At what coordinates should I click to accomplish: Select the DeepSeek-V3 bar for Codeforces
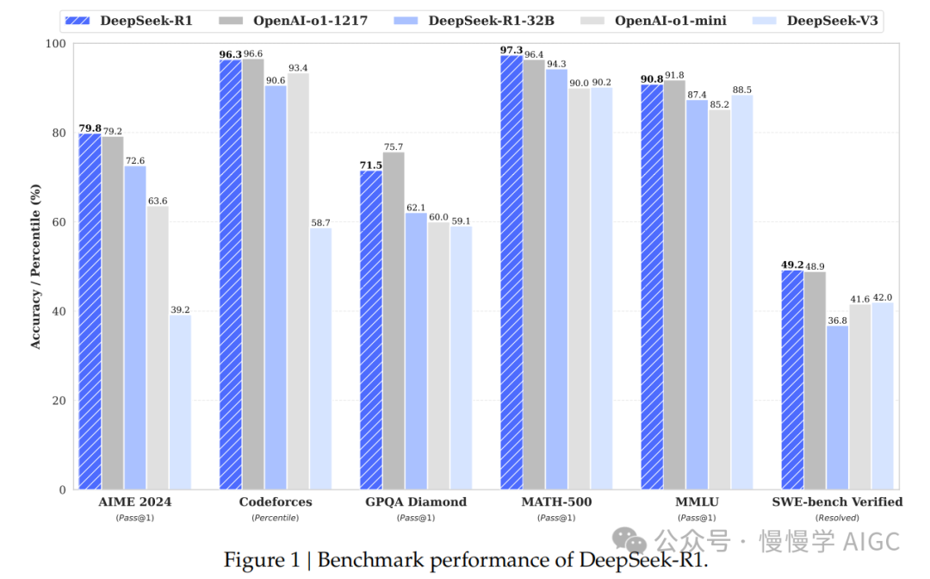320,358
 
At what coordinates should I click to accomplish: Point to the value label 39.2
180,310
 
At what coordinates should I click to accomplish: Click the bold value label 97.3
512,50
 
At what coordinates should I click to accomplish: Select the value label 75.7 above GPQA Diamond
394,146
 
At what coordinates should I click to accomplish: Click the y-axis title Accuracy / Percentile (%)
35,266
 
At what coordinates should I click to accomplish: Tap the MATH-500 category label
556,501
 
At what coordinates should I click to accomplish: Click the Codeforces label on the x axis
275,501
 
